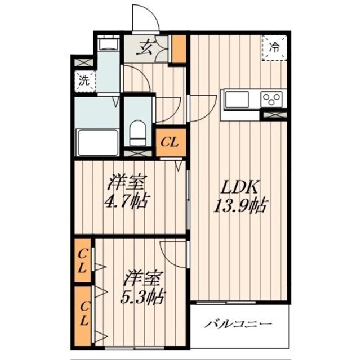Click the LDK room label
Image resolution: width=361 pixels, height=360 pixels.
coord(239,187)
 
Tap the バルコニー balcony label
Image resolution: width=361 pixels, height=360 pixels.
coord(239,324)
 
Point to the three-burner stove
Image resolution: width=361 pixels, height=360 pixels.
coord(273,100)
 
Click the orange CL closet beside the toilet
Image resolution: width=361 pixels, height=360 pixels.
coord(170,142)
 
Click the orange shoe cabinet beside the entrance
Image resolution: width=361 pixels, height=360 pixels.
coord(179,49)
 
